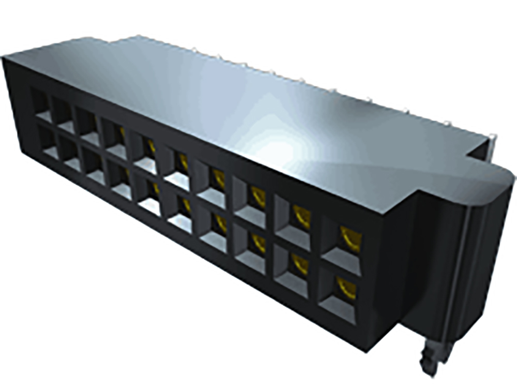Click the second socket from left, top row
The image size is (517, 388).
pos(65,115)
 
